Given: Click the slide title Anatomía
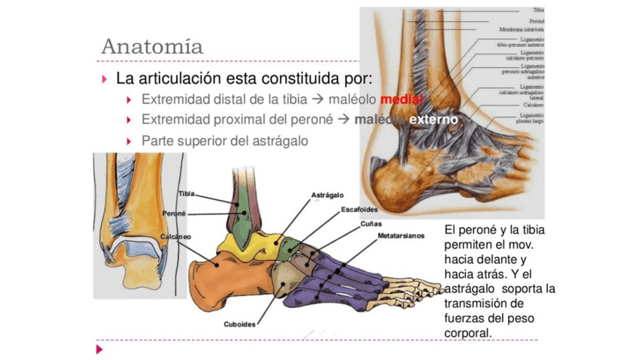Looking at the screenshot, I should (x=152, y=45).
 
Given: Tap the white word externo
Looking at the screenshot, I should (x=433, y=120).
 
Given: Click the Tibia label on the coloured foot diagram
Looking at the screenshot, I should (x=186, y=194).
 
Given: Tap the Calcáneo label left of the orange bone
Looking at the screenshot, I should (x=175, y=236).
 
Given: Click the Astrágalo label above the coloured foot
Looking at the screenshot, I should (x=328, y=195).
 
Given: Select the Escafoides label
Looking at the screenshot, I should (x=359, y=209).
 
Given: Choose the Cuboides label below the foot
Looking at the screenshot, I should (x=239, y=325).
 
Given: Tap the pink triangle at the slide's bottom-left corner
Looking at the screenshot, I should (x=97, y=349).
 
